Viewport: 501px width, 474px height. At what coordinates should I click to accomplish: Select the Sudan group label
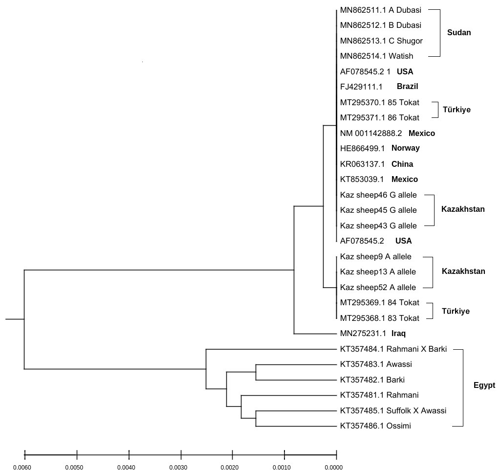coord(459,33)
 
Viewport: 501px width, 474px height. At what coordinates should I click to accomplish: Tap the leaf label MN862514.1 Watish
coord(376,56)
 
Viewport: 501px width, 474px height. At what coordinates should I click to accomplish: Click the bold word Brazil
coord(407,87)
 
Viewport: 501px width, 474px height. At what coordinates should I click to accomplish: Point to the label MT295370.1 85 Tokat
coord(379,103)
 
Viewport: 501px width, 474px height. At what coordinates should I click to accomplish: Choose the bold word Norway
coord(405,148)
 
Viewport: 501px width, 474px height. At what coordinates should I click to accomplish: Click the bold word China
coord(402,164)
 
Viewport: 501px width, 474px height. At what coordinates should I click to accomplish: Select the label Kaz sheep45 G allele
coord(378,210)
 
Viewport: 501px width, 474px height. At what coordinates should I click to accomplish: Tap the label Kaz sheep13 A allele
coord(378,271)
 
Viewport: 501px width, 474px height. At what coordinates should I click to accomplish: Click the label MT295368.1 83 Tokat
coord(379,318)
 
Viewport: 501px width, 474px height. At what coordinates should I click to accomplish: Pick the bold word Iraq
coord(398,334)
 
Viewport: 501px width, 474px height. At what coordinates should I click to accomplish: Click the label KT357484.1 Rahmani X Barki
coord(393,349)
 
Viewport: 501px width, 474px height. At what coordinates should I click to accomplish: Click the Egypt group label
coord(484,385)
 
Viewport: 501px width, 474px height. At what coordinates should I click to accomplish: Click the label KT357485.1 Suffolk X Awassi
coord(393,411)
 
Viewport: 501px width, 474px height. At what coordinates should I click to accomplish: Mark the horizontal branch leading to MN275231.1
coord(315,334)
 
